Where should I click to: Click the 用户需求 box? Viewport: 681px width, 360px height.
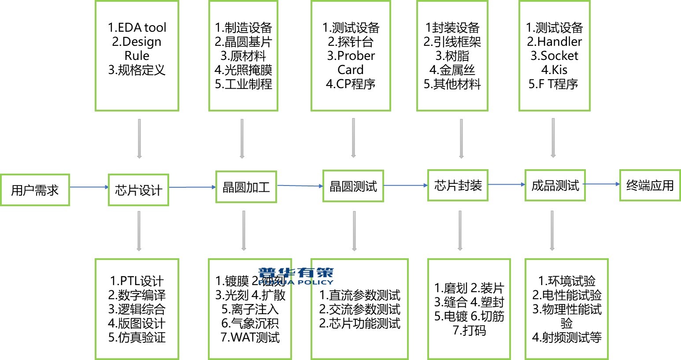click(35, 190)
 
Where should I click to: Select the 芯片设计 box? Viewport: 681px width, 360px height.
click(138, 190)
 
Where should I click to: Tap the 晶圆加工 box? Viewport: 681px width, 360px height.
click(246, 187)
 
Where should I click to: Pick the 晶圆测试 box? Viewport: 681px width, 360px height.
click(353, 186)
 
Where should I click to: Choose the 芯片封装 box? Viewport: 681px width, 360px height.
click(458, 185)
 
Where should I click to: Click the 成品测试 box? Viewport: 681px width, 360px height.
click(555, 185)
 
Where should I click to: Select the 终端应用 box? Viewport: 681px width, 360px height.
click(650, 185)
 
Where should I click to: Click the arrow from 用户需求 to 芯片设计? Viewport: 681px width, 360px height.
click(89, 187)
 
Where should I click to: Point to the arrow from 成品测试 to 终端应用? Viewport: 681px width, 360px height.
click(602, 184)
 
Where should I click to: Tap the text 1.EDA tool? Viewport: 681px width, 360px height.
click(137, 27)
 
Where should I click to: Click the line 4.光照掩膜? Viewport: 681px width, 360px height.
click(243, 70)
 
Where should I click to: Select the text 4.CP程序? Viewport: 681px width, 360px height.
click(351, 84)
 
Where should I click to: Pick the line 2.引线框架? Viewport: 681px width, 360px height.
click(452, 41)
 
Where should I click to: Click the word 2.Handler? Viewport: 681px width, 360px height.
click(554, 41)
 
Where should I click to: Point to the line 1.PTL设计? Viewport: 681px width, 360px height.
click(137, 281)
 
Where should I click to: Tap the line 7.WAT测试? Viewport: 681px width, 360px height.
click(250, 338)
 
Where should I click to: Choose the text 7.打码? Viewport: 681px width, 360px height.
click(469, 330)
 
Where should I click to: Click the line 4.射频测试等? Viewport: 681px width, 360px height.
click(566, 338)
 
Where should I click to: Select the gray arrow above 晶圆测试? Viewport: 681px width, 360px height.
click(353, 138)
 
